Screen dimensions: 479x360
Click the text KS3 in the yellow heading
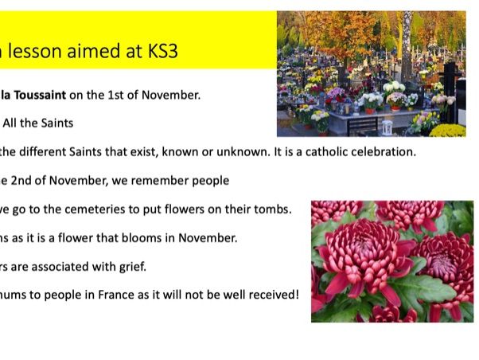point(163,51)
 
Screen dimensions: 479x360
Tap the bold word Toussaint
point(40,95)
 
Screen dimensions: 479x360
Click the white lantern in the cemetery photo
point(387,127)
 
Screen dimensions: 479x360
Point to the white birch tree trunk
point(407,46)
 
